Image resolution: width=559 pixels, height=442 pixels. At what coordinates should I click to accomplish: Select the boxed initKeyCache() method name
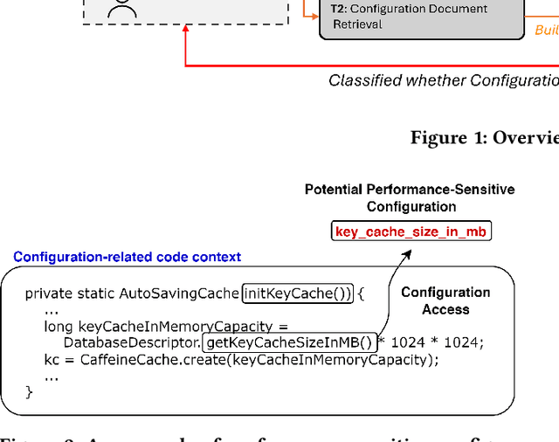(x=298, y=294)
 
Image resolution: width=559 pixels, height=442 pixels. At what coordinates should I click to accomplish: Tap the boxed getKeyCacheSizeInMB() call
(x=288, y=342)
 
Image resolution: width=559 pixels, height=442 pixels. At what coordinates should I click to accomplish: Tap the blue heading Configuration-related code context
(x=127, y=257)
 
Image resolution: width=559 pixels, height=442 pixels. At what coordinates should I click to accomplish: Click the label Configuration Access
(x=445, y=300)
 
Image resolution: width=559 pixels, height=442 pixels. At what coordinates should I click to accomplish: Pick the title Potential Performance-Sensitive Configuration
(x=410, y=197)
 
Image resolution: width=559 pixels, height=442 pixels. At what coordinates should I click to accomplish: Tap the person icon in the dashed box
(x=121, y=8)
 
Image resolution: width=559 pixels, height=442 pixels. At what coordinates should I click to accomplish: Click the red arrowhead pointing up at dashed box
(x=185, y=30)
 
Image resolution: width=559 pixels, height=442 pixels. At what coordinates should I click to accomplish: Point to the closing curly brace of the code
(x=29, y=392)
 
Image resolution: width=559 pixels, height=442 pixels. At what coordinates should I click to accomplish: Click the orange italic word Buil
(x=546, y=31)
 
